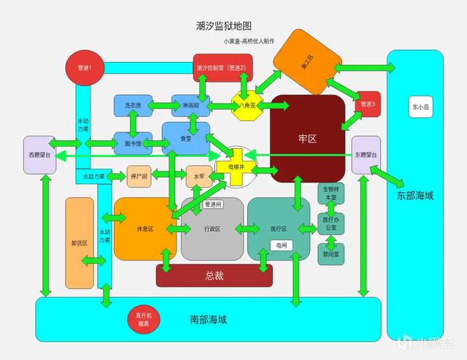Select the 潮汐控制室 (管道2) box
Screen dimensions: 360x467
tap(222, 68)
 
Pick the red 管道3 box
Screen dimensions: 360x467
tap(367, 104)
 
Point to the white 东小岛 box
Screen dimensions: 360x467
tap(420, 106)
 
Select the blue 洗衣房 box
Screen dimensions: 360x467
tap(132, 105)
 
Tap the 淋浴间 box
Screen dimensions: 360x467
tap(190, 105)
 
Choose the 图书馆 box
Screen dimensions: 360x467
tap(132, 144)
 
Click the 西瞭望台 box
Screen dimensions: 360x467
tap(39, 155)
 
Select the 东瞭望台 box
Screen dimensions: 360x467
tap(366, 155)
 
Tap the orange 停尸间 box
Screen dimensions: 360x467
tap(139, 176)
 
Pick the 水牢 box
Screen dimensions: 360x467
tap(198, 177)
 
